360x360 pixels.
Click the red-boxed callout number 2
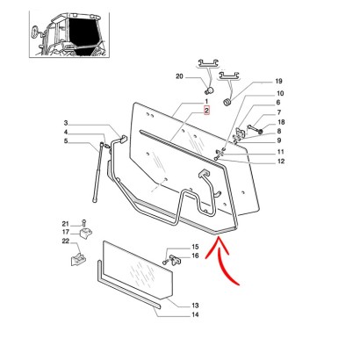tap(206, 111)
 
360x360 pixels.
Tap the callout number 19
tap(278, 81)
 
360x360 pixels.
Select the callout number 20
tap(179, 76)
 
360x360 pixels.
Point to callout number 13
tap(195, 306)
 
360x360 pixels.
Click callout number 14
tap(195, 314)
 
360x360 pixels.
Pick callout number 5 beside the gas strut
tap(66, 141)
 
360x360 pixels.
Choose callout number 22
tap(65, 241)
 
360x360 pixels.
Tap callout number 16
tap(195, 256)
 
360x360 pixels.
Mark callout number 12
tap(281, 161)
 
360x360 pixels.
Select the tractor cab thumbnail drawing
tap(69, 34)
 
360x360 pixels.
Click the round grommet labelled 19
tap(227, 103)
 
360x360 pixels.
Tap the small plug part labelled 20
tap(209, 90)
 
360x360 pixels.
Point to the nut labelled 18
tap(260, 130)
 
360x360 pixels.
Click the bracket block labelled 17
tap(85, 234)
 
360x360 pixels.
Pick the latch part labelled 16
tap(176, 260)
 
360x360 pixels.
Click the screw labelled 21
tap(83, 223)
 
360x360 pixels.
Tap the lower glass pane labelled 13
tap(138, 270)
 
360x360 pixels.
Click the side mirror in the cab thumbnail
tap(35, 31)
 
